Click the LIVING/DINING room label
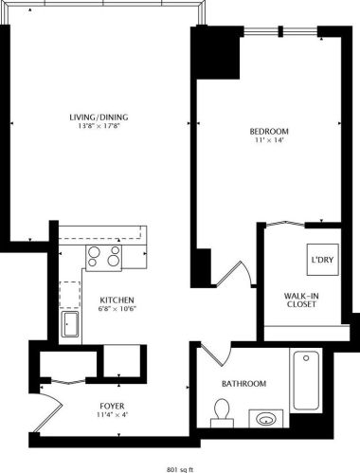coord(99,118)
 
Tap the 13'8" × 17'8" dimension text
coord(99,128)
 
